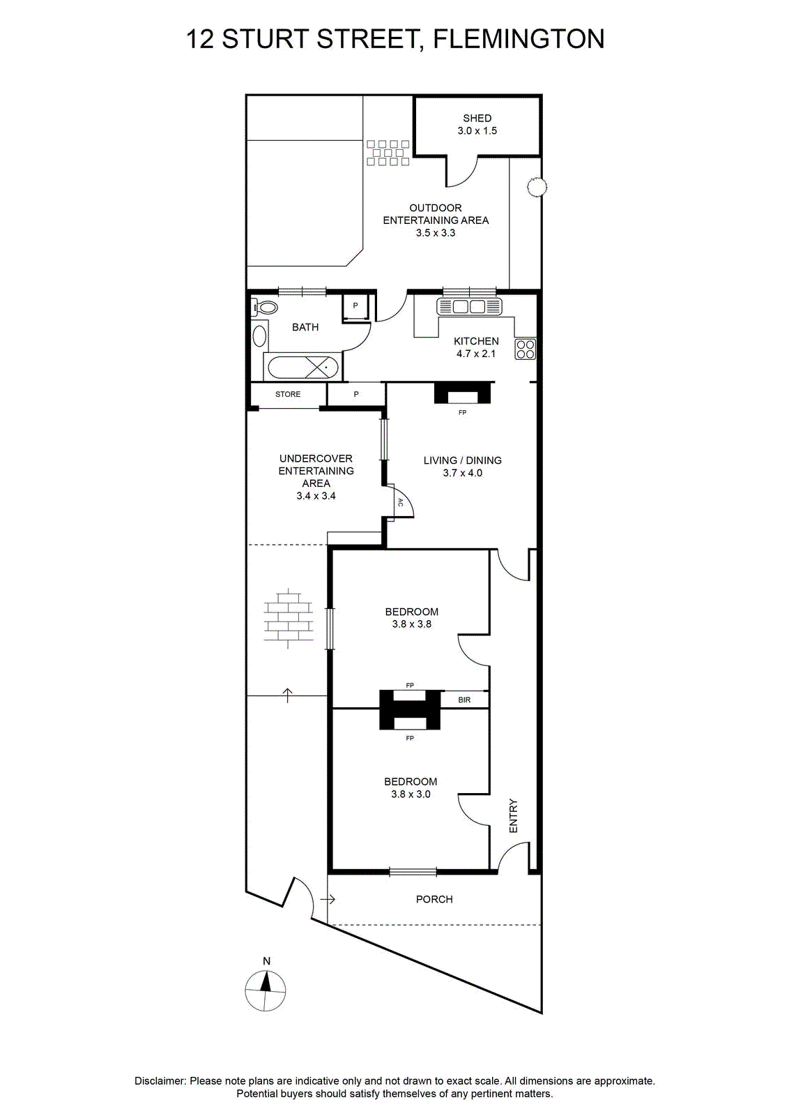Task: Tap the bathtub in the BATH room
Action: pos(303,368)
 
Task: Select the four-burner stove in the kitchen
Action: pos(525,349)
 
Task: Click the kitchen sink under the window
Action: pos(468,306)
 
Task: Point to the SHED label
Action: pos(477,118)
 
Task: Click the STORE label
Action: pos(288,394)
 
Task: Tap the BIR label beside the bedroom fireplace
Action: pos(464,700)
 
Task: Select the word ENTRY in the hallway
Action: pos(513,816)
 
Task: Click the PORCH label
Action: pos(434,899)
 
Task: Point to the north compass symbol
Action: pos(266,990)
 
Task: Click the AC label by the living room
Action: pos(399,503)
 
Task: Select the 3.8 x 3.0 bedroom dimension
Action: pos(411,794)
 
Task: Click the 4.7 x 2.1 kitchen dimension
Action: pos(476,354)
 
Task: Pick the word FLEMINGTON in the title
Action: pos(519,39)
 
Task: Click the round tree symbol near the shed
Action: pos(537,188)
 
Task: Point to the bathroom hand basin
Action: pos(259,336)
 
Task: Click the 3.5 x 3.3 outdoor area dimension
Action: pos(436,233)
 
